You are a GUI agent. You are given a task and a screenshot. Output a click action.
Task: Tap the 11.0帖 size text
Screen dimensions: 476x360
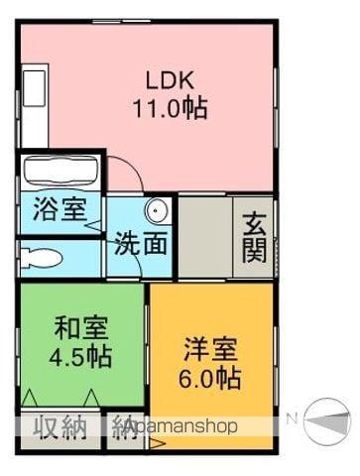(171, 108)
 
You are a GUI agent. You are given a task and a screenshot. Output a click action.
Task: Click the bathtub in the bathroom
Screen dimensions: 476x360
(59, 172)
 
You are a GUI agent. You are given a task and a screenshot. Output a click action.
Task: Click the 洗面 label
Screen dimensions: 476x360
(139, 243)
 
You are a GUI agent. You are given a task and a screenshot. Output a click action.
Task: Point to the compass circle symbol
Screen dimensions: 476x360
(327, 421)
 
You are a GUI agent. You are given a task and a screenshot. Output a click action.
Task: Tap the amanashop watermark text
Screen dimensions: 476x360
(183, 427)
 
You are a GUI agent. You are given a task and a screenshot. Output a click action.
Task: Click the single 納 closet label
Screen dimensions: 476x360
(124, 427)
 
